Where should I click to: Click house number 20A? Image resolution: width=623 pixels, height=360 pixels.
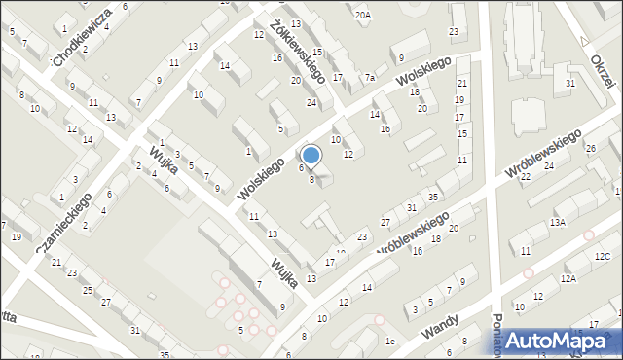click(x=363, y=16)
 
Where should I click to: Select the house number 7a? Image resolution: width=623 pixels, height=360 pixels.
click(x=370, y=78)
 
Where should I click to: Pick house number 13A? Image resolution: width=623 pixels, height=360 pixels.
click(x=557, y=223)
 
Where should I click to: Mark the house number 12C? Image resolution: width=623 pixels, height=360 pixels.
click(x=603, y=256)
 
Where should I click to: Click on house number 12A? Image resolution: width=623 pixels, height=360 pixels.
click(x=568, y=278)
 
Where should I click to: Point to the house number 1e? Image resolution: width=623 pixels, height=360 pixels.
click(x=389, y=342)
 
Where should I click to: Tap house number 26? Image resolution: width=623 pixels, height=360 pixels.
click(x=590, y=149)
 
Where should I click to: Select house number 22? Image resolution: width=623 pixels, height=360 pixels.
click(x=525, y=176)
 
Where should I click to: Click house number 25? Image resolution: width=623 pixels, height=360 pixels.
click(x=89, y=291)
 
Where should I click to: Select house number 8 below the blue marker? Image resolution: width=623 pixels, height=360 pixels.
click(x=311, y=179)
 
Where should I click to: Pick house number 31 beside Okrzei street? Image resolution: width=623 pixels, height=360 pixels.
click(x=570, y=84)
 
